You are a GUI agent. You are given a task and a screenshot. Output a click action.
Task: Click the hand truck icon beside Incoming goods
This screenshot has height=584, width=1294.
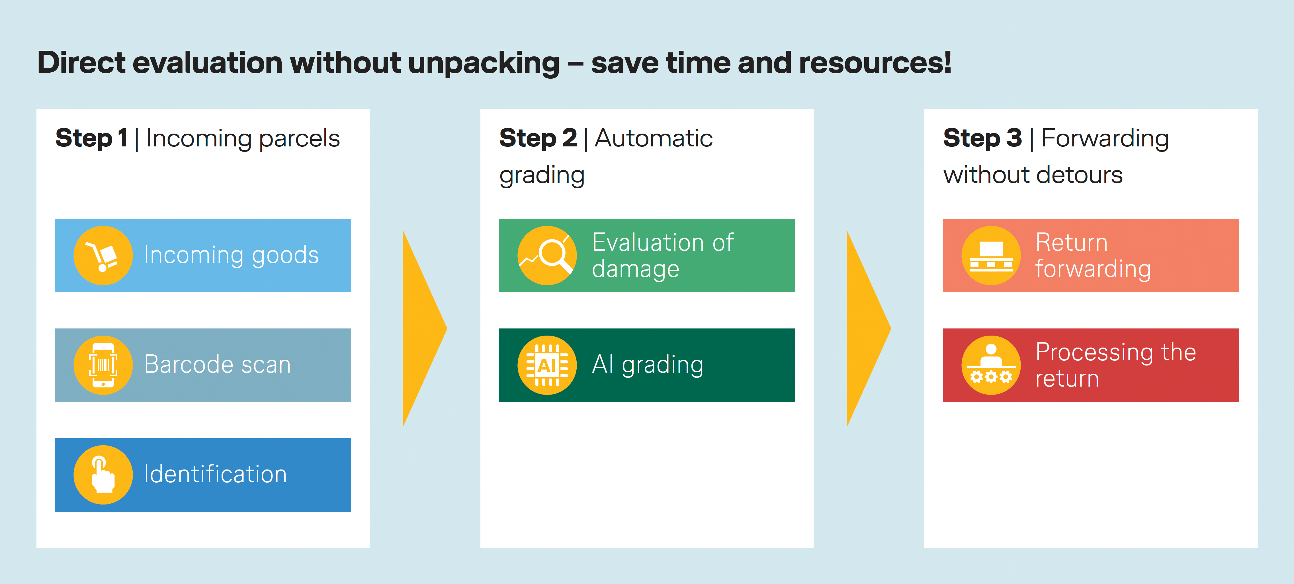tap(103, 255)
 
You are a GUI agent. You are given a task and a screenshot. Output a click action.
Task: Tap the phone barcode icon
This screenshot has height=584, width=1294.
tap(103, 365)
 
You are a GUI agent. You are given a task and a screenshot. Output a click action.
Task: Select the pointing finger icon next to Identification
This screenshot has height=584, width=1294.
tap(103, 475)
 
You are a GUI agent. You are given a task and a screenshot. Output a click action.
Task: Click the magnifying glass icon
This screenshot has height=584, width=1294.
tap(547, 255)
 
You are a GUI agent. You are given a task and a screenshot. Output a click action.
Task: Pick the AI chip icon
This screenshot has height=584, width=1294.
tap(547, 365)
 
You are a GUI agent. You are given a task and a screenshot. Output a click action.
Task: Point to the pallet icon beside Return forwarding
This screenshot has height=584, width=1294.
tap(991, 255)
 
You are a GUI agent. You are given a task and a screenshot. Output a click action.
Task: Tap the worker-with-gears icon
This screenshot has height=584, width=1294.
tap(991, 365)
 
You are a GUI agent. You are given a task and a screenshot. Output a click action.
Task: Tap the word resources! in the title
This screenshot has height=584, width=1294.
tap(875, 63)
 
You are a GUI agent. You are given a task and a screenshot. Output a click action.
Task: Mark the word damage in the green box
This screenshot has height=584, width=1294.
tap(635, 269)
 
